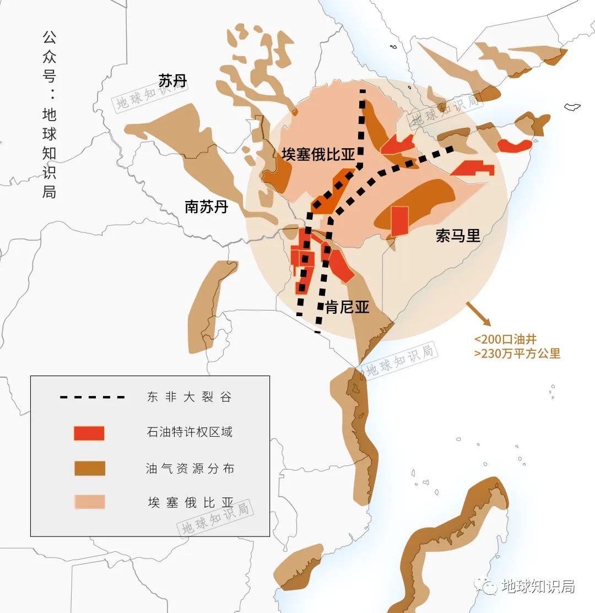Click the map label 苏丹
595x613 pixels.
172,81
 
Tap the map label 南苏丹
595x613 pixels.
206,207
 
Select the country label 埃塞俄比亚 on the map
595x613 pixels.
318,154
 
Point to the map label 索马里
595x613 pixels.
458,236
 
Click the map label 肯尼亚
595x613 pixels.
347,307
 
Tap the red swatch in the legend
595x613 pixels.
89,433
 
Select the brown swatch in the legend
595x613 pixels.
89,468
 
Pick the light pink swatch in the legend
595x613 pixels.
89,502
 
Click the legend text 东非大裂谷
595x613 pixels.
190,397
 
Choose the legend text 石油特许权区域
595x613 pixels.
190,432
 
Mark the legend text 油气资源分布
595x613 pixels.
190,468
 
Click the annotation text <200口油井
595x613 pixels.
505,339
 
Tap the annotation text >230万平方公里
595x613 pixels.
517,354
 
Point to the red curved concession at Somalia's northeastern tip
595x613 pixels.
515,145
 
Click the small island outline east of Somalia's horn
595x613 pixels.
573,106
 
